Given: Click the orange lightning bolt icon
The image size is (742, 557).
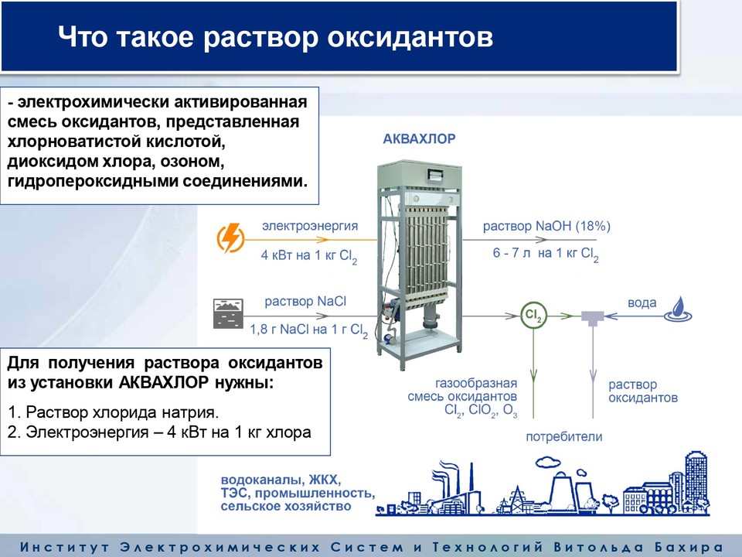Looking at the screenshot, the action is pyautogui.click(x=230, y=238).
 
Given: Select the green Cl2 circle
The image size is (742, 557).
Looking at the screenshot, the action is pyautogui.click(x=534, y=315).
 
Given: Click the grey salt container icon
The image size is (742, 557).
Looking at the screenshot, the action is pyautogui.click(x=228, y=313).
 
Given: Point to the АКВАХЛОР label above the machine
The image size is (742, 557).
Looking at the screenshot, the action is pyautogui.click(x=419, y=138).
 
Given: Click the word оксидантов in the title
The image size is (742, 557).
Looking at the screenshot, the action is pyautogui.click(x=410, y=37).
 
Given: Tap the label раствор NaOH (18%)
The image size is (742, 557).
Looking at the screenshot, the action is pyautogui.click(x=546, y=227).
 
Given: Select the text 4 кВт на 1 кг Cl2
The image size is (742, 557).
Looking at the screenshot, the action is pyautogui.click(x=309, y=256).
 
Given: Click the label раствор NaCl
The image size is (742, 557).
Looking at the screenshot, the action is pyautogui.click(x=305, y=302).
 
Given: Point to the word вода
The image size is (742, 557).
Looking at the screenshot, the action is pyautogui.click(x=642, y=303).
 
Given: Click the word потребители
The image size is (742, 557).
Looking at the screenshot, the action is pyautogui.click(x=564, y=436).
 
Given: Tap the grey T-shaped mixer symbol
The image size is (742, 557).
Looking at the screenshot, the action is pyautogui.click(x=593, y=318).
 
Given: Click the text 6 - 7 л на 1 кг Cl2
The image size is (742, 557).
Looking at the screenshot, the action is pyautogui.click(x=546, y=255).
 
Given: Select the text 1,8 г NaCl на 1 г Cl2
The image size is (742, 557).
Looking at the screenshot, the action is pyautogui.click(x=308, y=330).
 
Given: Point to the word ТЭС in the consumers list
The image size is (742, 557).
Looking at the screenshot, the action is pyautogui.click(x=233, y=494).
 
